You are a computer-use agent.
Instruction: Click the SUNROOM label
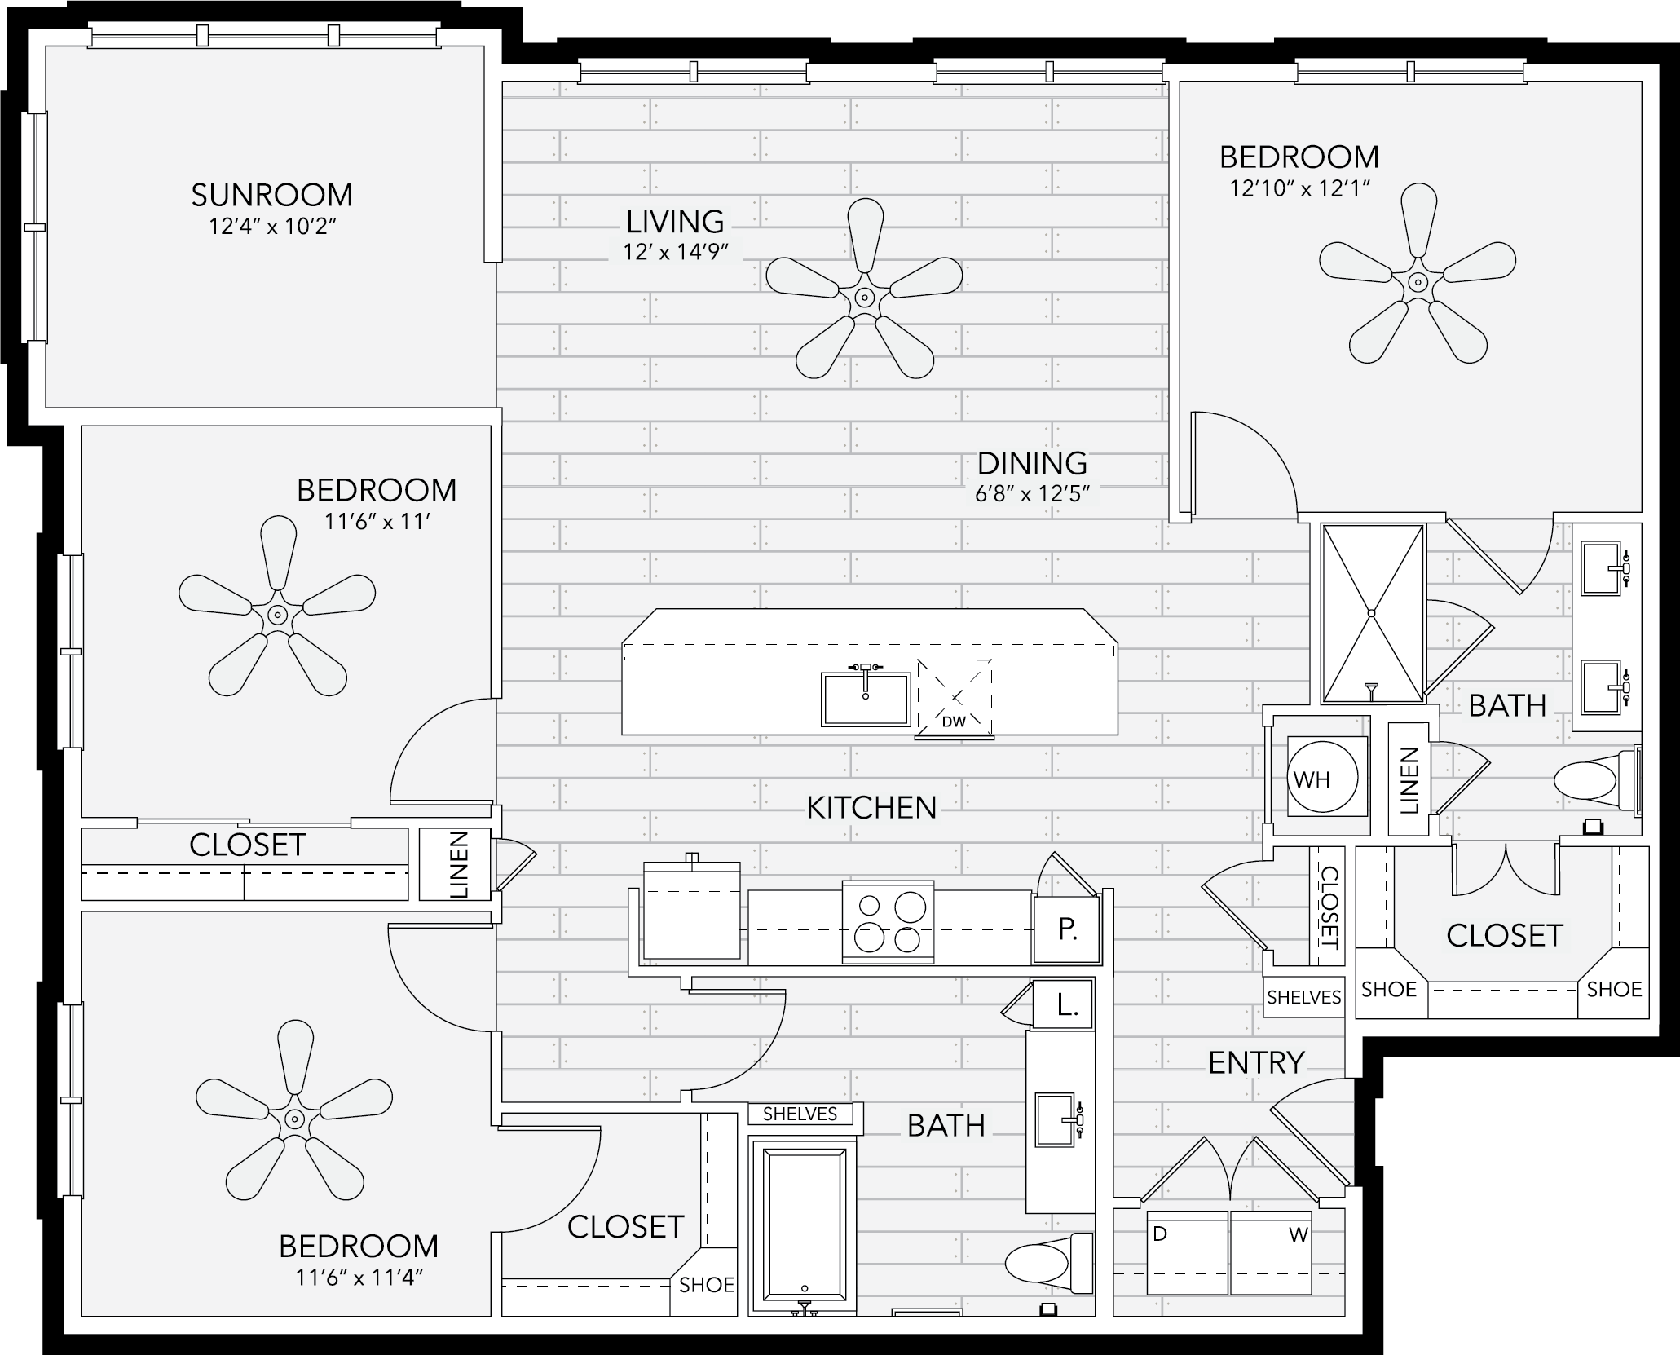(271, 195)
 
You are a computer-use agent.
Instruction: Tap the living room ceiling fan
(865, 298)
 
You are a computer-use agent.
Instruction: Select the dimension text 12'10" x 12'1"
(1299, 189)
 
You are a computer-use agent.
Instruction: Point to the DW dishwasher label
(954, 722)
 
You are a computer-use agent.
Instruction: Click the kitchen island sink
(866, 699)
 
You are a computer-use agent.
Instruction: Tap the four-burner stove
(889, 922)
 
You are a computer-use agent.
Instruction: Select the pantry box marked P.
(1067, 929)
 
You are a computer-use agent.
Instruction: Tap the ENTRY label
(1256, 1062)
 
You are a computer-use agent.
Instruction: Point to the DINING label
(1032, 463)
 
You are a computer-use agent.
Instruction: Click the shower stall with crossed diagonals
(1373, 613)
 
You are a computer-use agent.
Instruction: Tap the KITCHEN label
(871, 807)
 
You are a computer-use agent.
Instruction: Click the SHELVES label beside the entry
(1304, 997)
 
